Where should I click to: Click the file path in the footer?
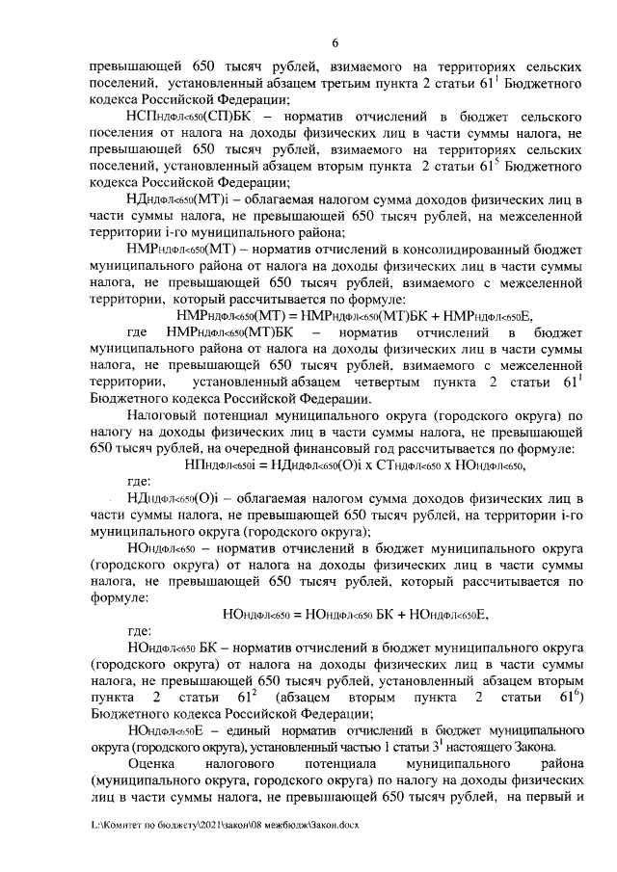click(222, 826)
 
